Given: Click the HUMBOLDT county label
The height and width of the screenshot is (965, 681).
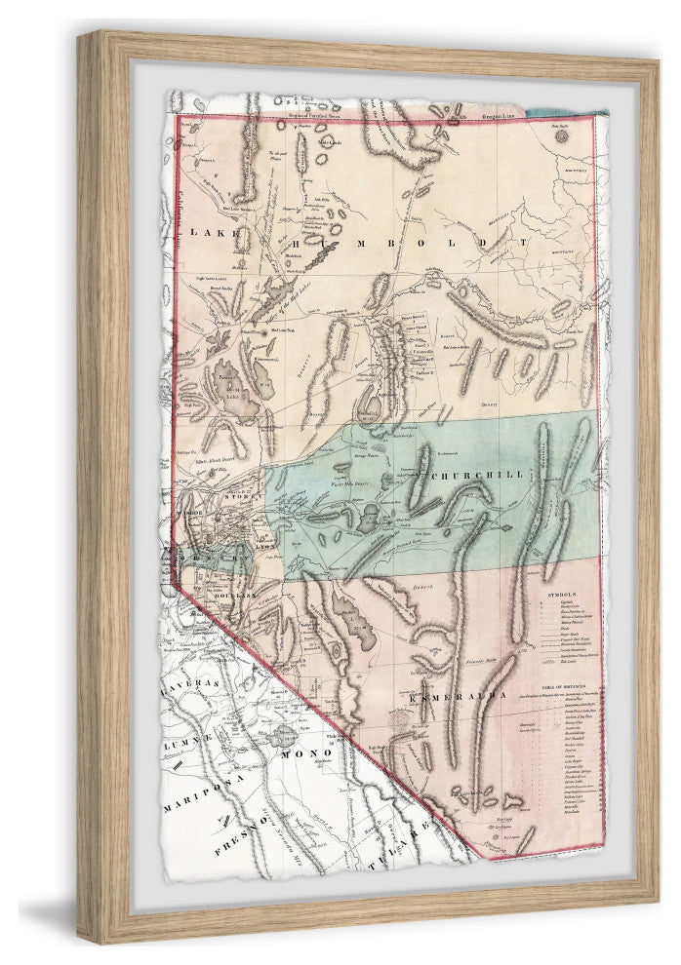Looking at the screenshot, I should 410,238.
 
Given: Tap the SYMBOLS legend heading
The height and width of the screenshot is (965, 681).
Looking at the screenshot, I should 564,592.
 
